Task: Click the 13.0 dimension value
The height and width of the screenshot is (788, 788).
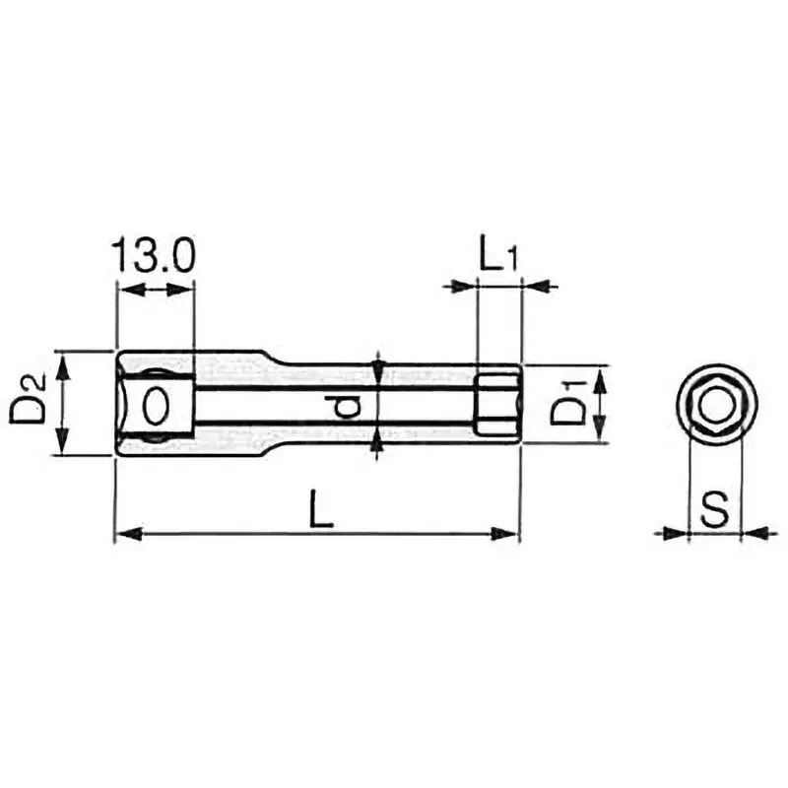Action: coord(154,255)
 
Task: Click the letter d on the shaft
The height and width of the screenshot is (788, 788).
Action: coord(341,404)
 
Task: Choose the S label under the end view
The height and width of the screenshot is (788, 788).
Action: coord(715,509)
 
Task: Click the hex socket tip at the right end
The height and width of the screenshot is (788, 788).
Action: coord(497,404)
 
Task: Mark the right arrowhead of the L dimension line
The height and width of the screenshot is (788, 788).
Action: coord(506,535)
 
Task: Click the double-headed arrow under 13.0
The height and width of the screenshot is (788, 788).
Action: coord(155,290)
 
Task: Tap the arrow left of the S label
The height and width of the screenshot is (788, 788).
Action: coord(674,533)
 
